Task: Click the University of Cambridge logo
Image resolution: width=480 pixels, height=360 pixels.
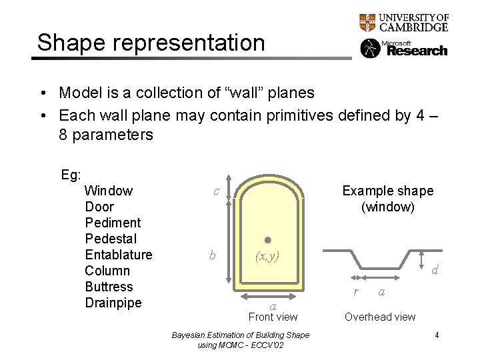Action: [x=404, y=23]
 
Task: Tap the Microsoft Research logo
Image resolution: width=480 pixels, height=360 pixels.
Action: [x=404, y=49]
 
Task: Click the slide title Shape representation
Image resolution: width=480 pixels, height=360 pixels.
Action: [x=151, y=43]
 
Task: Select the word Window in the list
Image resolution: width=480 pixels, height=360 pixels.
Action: [x=109, y=191]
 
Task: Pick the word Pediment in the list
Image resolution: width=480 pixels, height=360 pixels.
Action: [x=113, y=223]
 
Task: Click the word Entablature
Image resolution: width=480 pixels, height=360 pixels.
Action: [x=119, y=255]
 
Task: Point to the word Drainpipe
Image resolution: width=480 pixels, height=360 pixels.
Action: [x=113, y=303]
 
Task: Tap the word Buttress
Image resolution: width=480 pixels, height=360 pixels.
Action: [x=109, y=287]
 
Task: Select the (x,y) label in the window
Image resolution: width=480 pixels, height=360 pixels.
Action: [x=267, y=255]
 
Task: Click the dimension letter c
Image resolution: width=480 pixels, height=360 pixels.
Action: [x=216, y=191]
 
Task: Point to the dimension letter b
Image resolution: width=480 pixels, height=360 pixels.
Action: [x=212, y=255]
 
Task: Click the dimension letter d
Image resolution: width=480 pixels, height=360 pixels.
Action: [x=435, y=270]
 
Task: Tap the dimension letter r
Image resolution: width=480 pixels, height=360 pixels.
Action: [x=356, y=291]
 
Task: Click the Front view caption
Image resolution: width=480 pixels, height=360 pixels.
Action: [x=273, y=317]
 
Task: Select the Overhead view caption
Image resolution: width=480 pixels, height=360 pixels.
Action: [x=380, y=317]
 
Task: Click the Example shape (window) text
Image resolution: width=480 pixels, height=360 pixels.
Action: [x=387, y=199]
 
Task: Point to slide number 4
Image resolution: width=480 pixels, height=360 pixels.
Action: [x=437, y=335]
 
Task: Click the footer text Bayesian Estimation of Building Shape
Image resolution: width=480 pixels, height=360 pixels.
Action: [x=241, y=335]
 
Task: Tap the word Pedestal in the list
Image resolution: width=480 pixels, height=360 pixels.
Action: [x=111, y=239]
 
